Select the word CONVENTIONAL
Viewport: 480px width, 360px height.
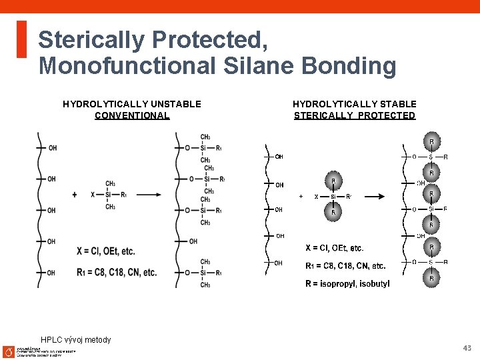[x=132, y=115]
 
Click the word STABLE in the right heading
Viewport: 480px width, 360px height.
[x=393, y=104]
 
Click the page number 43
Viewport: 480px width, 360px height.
[x=467, y=348]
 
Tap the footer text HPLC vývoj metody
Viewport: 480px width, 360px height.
[x=76, y=340]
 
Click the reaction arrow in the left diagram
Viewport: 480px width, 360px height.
[x=148, y=195]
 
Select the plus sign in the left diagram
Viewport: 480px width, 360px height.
[x=75, y=195]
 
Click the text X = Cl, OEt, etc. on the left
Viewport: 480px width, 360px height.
[x=105, y=251]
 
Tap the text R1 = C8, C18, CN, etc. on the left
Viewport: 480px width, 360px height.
[x=117, y=272]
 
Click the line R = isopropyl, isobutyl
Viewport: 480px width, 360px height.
[x=347, y=284]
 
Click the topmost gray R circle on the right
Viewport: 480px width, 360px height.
[x=431, y=141]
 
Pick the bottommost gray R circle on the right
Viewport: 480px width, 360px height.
[x=431, y=278]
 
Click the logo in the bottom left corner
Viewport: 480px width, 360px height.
[x=9, y=351]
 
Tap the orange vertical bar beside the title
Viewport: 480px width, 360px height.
[x=21, y=39]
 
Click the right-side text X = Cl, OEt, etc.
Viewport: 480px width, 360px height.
[x=334, y=248]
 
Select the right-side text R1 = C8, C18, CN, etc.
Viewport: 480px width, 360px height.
[x=345, y=266]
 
